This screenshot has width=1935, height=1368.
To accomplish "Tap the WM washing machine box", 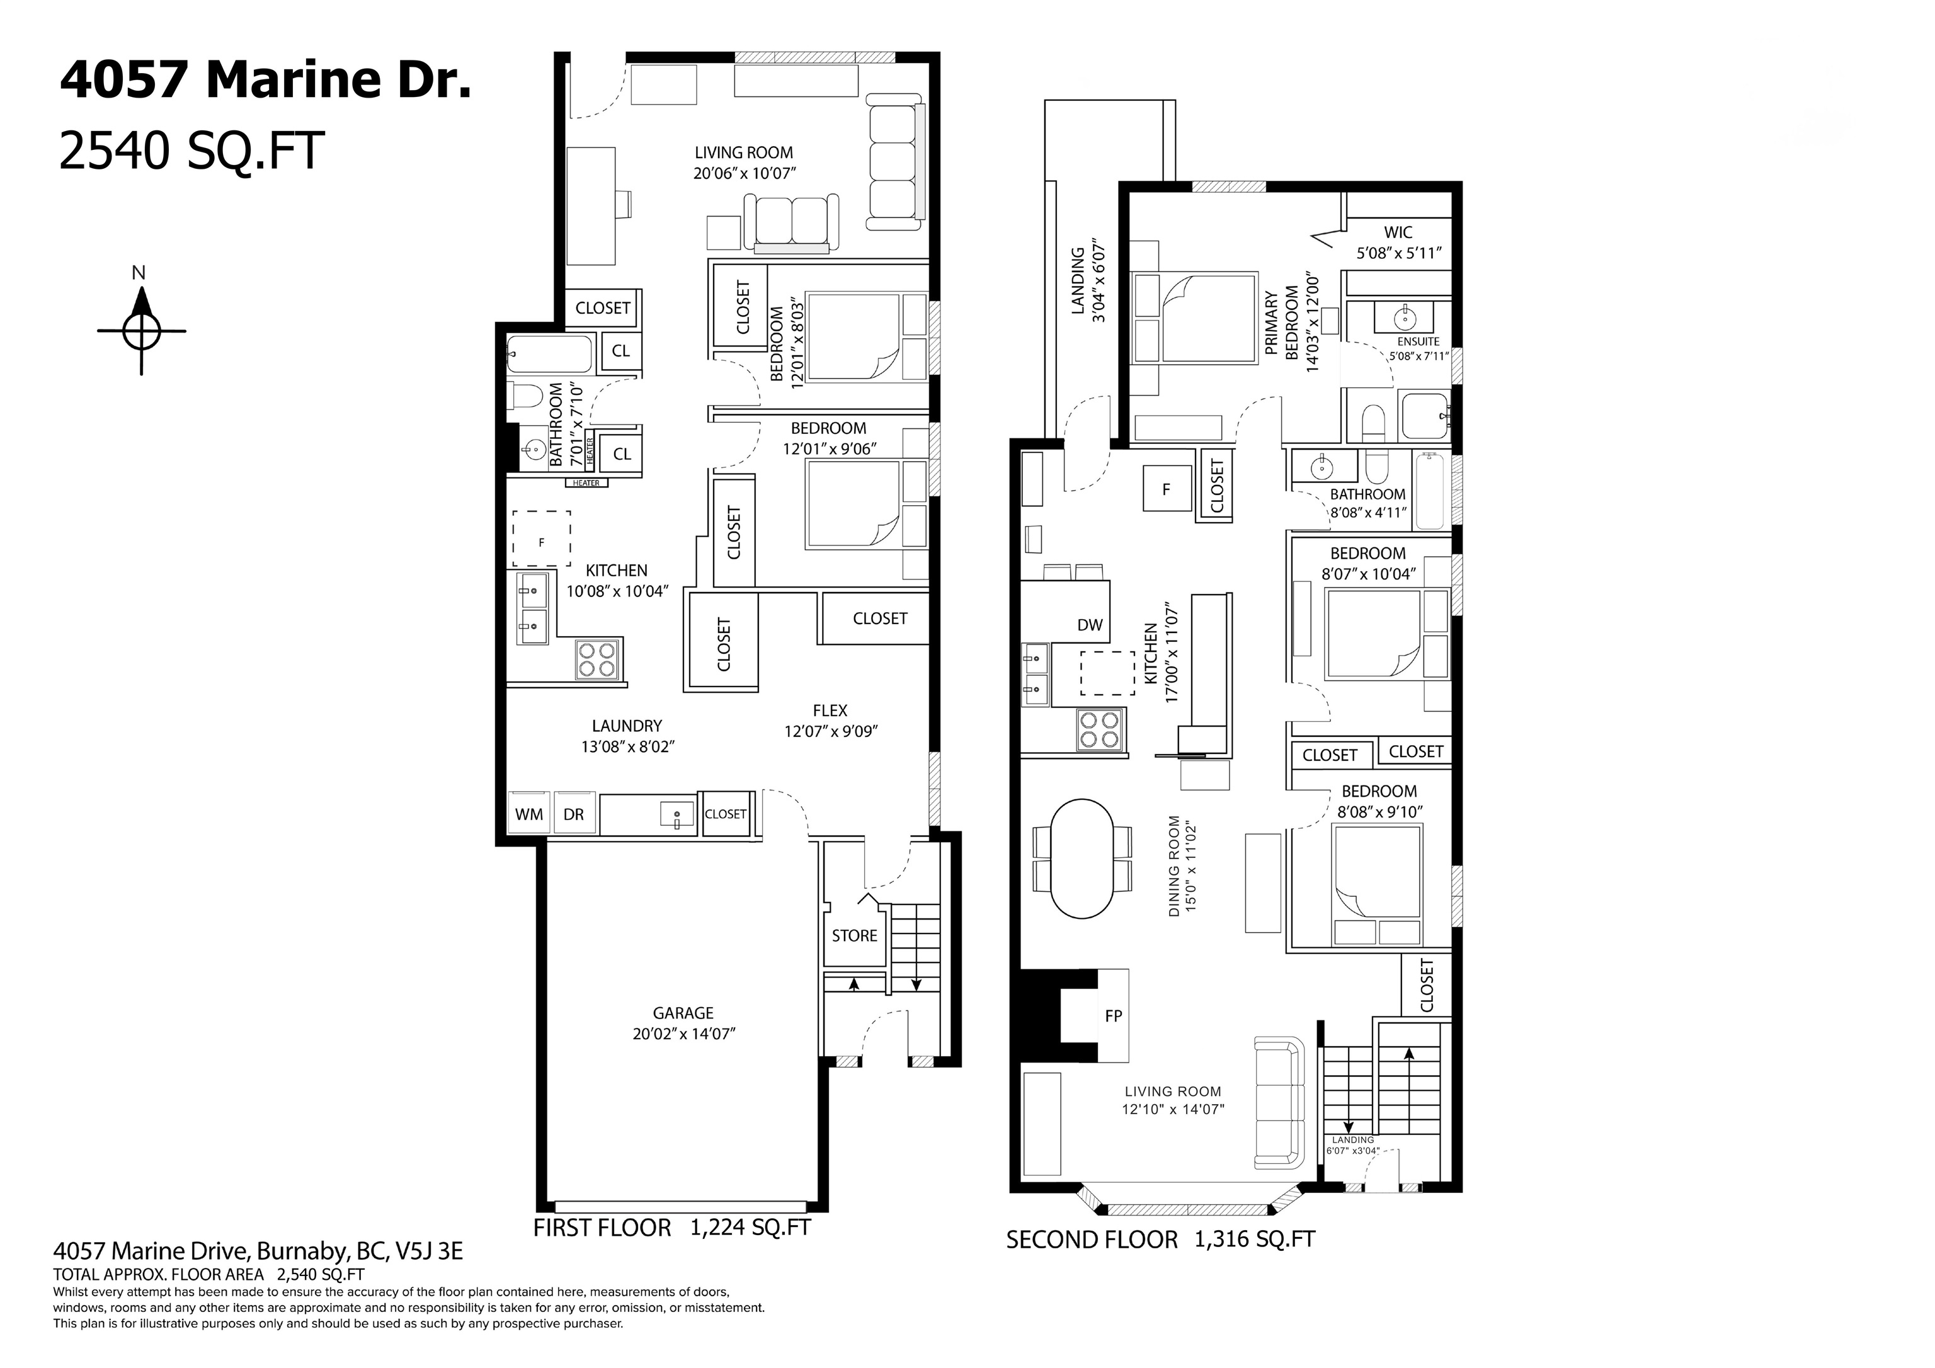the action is pyautogui.click(x=529, y=814).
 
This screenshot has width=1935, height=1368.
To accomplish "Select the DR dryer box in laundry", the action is pyautogui.click(x=574, y=814).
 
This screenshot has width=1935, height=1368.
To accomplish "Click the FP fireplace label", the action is pyautogui.click(x=1113, y=1017).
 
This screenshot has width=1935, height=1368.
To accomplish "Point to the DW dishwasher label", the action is pyautogui.click(x=1090, y=625).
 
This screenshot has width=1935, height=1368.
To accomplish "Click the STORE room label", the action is pyautogui.click(x=855, y=935).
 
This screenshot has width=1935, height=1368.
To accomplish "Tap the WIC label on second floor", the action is pyautogui.click(x=1398, y=232).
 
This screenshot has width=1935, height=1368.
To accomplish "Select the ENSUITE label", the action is pyautogui.click(x=1418, y=341).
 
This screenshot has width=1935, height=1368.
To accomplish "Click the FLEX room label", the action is pyautogui.click(x=830, y=710).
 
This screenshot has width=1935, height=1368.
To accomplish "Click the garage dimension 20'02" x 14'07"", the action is pyautogui.click(x=684, y=1034).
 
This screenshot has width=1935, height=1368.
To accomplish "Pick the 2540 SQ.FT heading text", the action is pyautogui.click(x=191, y=152).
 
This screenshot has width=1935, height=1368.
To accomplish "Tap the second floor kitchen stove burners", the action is pyautogui.click(x=1100, y=729).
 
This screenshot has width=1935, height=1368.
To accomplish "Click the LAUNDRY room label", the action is pyautogui.click(x=627, y=726).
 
